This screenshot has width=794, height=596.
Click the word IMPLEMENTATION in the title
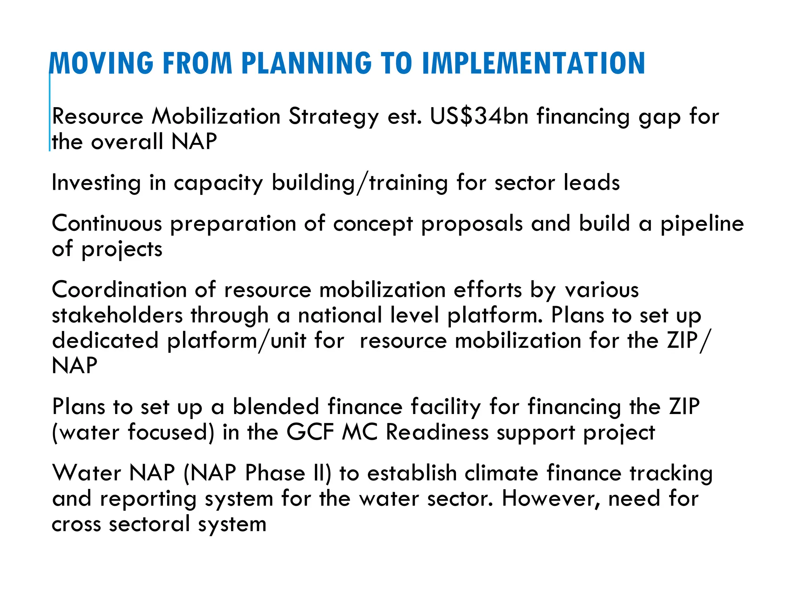pos(533,64)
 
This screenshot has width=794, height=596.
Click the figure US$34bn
pos(479,116)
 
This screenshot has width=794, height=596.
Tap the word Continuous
pos(107,224)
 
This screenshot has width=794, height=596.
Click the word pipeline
pos(702,225)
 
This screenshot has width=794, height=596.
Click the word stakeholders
pos(117,315)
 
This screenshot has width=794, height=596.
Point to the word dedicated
pos(105,341)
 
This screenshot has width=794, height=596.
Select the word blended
pos(276,407)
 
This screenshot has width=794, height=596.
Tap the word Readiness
pos(437,432)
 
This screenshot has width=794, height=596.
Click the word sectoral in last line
pos(149,524)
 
